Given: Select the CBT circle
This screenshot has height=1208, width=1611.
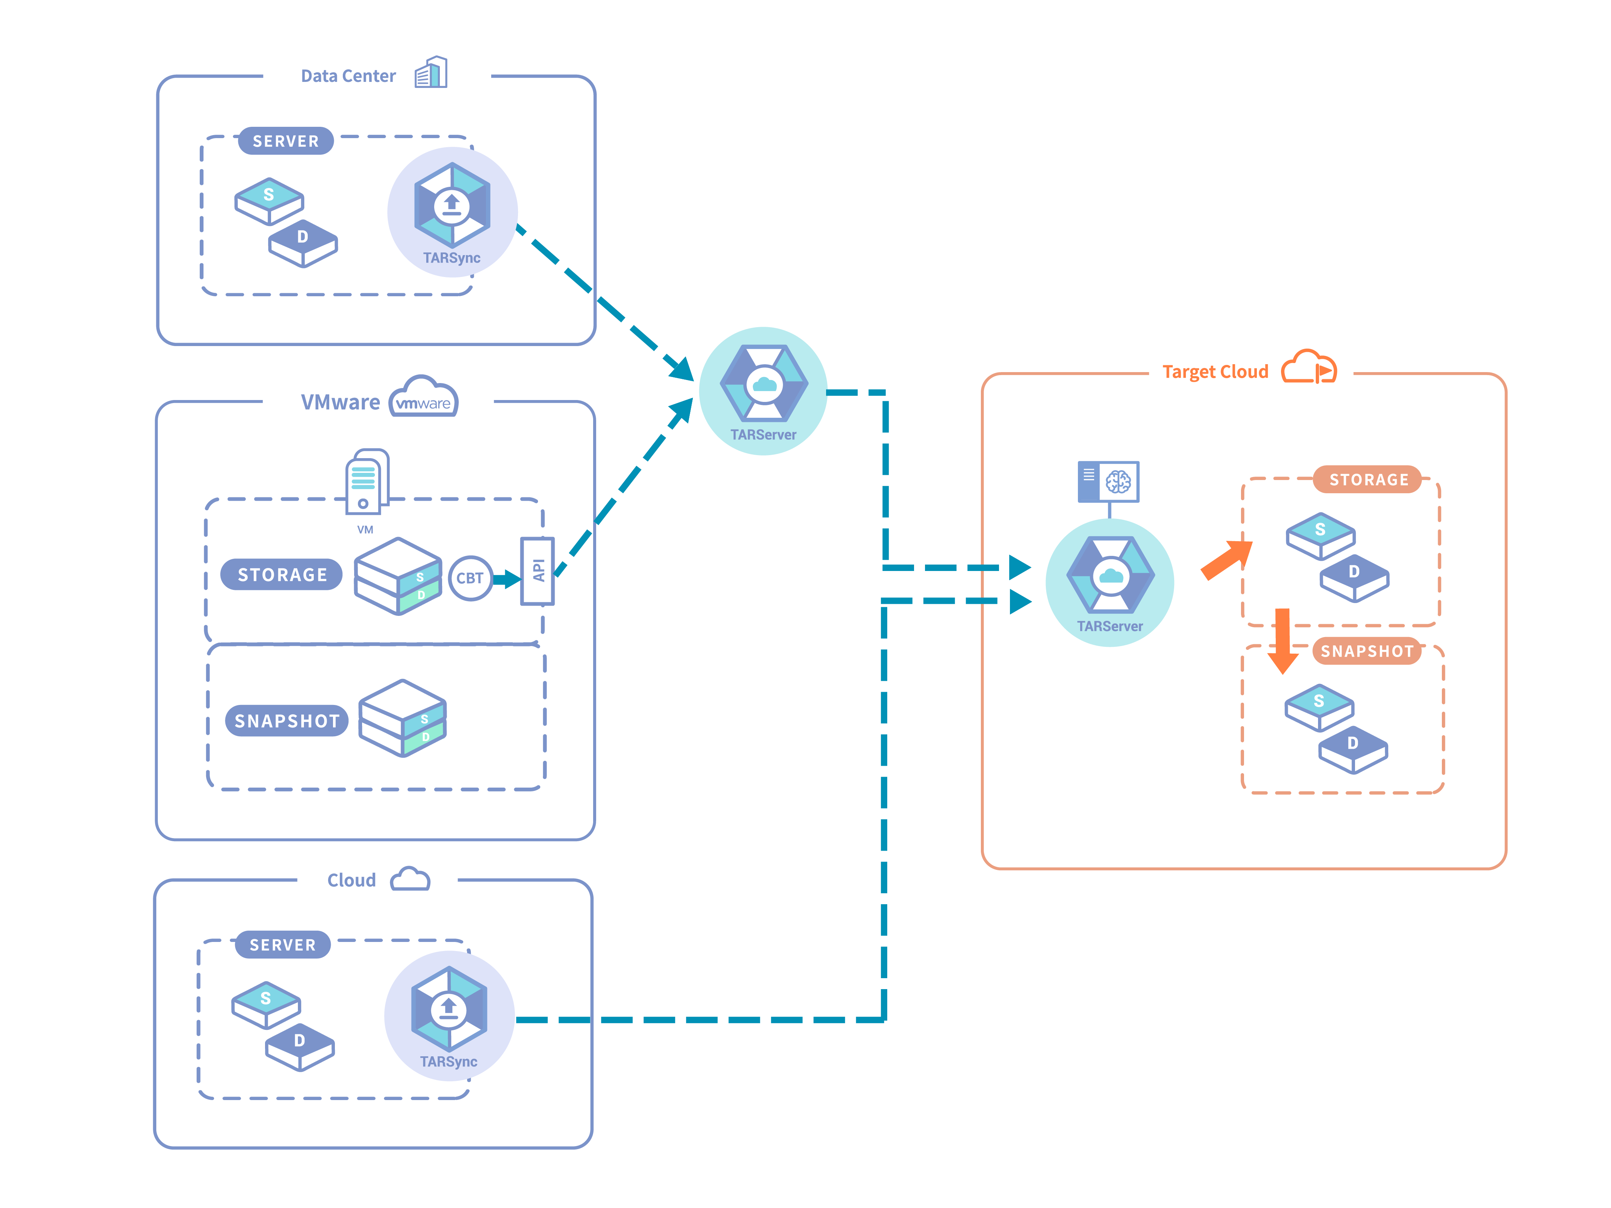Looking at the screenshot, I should coord(470,578).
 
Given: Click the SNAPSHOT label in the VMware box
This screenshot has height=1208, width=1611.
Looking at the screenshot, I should coord(287,721).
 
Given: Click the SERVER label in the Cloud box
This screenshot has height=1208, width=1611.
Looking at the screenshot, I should coord(282,945).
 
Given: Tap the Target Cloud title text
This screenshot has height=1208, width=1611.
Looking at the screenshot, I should coord(1215,372).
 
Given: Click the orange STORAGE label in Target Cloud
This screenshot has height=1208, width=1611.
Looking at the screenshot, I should coord(1368,480).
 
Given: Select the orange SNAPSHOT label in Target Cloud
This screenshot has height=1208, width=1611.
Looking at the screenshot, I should coord(1367,651).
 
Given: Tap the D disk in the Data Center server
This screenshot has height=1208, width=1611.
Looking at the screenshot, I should coord(303,243).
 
